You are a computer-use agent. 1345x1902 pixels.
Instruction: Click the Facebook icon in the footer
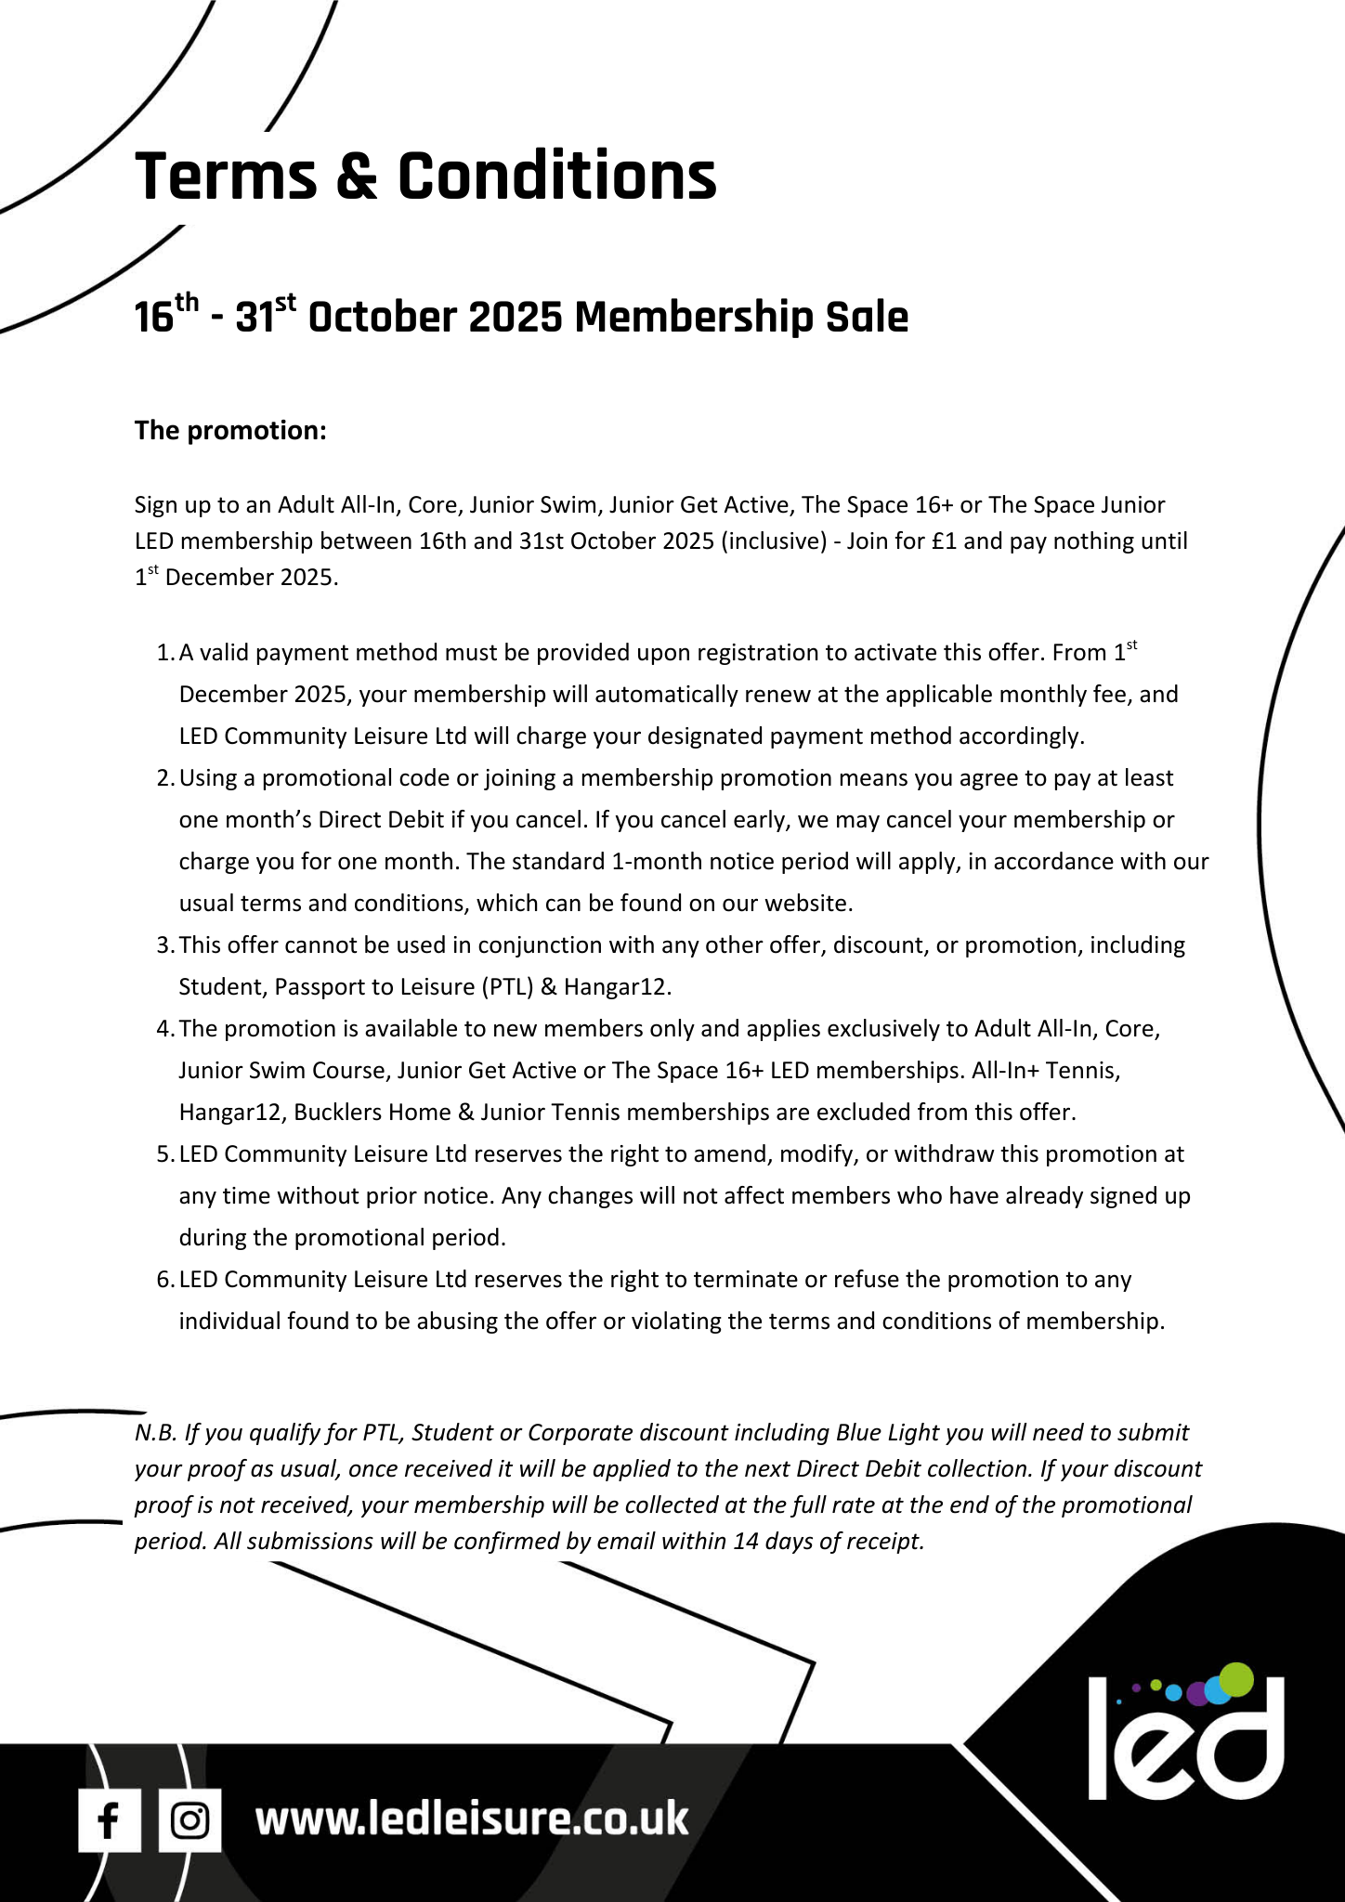(x=109, y=1820)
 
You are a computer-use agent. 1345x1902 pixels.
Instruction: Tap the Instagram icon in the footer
(x=189, y=1820)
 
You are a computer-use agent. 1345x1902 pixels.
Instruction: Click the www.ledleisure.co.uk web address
(x=472, y=1818)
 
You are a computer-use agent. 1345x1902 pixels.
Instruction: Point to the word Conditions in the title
(x=557, y=176)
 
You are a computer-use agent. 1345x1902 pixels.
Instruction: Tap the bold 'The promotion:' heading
(x=230, y=430)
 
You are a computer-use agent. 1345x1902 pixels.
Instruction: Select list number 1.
(x=164, y=653)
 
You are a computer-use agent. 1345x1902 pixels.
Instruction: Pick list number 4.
(x=164, y=1029)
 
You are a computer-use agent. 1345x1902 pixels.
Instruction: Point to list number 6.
(x=164, y=1280)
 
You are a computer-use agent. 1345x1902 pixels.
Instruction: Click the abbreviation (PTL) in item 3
(x=507, y=986)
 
